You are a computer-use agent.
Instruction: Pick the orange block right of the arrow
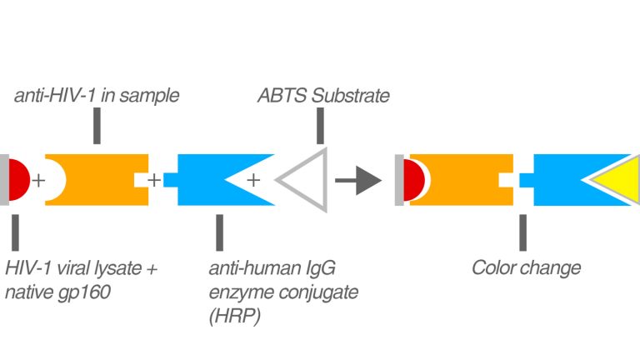463,178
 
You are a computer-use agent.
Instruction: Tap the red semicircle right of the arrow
414,178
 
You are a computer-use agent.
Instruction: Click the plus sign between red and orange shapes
38,178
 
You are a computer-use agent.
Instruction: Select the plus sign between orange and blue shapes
154,178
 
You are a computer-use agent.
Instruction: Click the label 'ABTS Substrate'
322,96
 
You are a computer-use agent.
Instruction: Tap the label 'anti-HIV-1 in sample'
97,96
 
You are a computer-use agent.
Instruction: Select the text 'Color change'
526,268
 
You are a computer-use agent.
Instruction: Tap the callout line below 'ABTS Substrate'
320,125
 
